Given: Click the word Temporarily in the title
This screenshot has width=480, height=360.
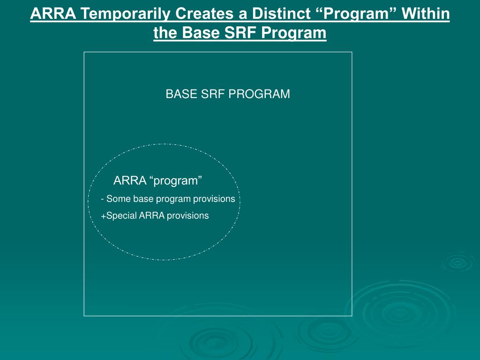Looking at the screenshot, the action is pyautogui.click(x=125, y=14).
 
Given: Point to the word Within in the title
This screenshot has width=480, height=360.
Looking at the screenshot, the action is pyautogui.click(x=425, y=14).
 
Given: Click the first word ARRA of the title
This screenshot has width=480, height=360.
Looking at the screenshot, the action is pyautogui.click(x=53, y=14).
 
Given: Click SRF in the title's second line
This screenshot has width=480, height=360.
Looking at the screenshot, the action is pyautogui.click(x=240, y=32).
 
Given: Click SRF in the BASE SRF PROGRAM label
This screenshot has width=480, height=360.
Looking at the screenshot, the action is pyautogui.click(x=213, y=94).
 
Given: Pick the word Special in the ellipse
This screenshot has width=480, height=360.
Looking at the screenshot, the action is pyautogui.click(x=121, y=216).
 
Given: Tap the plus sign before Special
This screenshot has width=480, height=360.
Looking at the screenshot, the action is pyautogui.click(x=104, y=216).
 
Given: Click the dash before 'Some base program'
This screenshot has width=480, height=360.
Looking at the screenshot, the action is pyautogui.click(x=102, y=200).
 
